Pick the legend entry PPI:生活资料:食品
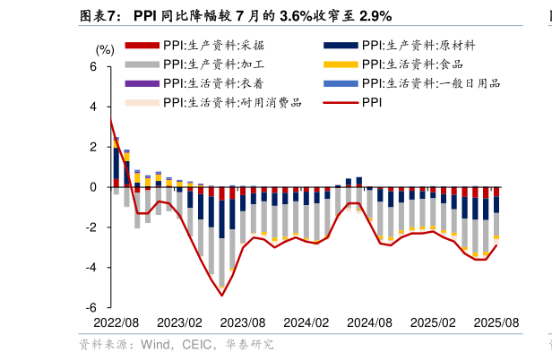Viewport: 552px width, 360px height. click(x=412, y=64)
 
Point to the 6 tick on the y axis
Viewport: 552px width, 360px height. click(x=92, y=67)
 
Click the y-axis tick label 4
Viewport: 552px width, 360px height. click(x=92, y=107)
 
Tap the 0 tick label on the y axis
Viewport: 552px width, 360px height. click(x=92, y=187)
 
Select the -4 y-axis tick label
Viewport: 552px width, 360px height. click(x=90, y=268)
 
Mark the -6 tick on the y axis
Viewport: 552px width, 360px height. click(x=90, y=307)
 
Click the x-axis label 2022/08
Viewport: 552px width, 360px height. click(x=116, y=322)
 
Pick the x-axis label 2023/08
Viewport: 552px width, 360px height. click(x=243, y=322)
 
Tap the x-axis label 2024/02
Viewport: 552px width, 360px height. click(x=306, y=322)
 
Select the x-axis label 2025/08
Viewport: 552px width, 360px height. click(x=496, y=322)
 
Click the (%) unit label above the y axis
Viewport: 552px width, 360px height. click(x=105, y=49)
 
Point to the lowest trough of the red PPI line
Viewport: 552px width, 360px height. click(x=221, y=296)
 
